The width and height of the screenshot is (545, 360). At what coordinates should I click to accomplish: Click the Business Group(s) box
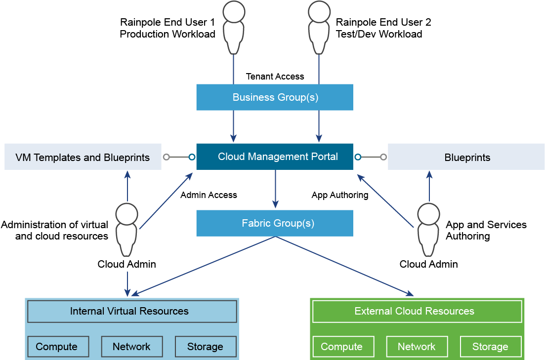(x=275, y=97)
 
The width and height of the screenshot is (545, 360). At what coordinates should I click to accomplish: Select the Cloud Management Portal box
(x=275, y=157)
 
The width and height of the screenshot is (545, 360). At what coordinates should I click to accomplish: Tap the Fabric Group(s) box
(x=275, y=223)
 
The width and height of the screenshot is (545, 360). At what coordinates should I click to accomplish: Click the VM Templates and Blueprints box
(x=83, y=157)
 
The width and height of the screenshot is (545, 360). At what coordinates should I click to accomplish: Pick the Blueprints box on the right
(x=466, y=157)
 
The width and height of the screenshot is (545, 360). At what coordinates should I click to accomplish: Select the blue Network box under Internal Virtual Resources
(x=132, y=347)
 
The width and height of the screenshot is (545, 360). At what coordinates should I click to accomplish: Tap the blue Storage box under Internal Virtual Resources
(x=206, y=347)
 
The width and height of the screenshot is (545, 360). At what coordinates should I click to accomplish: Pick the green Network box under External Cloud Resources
(x=417, y=347)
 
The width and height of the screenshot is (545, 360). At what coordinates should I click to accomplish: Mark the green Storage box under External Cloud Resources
(x=491, y=347)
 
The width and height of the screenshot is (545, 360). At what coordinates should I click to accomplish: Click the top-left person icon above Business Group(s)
(x=234, y=27)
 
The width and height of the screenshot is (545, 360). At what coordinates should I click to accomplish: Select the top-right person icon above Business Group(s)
(x=319, y=27)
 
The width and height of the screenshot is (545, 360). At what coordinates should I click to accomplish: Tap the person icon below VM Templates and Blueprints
(x=127, y=230)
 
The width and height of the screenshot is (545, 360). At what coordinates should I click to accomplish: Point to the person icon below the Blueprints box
(x=428, y=230)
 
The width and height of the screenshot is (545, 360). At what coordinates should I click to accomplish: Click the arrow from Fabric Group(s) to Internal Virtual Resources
(x=203, y=266)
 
